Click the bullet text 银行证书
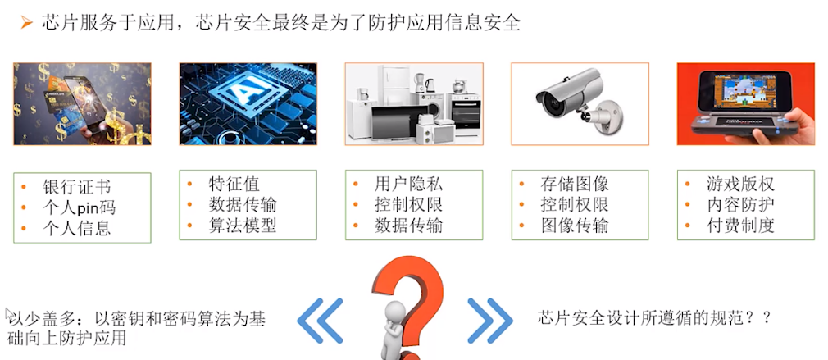[x=77, y=187]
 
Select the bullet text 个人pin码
[x=80, y=207]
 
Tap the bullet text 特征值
[x=234, y=185]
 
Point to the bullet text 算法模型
[x=243, y=226]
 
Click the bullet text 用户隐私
[x=409, y=184]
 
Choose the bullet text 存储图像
[x=575, y=184]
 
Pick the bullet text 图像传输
[x=575, y=226]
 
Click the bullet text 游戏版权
[x=740, y=184]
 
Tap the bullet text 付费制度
[x=740, y=226]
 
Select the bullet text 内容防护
[x=740, y=204]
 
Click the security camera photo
[x=580, y=103]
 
